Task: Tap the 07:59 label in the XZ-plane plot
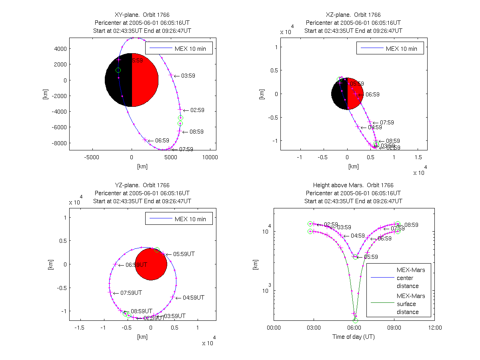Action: [x=387, y=122]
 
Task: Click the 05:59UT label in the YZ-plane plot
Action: [x=184, y=254]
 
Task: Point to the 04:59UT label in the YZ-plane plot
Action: [x=194, y=298]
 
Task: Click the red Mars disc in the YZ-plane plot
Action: [x=151, y=264]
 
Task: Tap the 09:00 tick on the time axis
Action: [x=394, y=328]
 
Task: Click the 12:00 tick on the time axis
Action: [x=435, y=328]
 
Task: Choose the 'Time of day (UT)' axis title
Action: [x=354, y=337]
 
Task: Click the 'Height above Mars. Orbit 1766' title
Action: [x=353, y=185]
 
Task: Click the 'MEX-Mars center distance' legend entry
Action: [x=410, y=278]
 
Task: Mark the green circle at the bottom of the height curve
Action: [x=355, y=320]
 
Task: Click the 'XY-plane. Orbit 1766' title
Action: [x=142, y=15]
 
